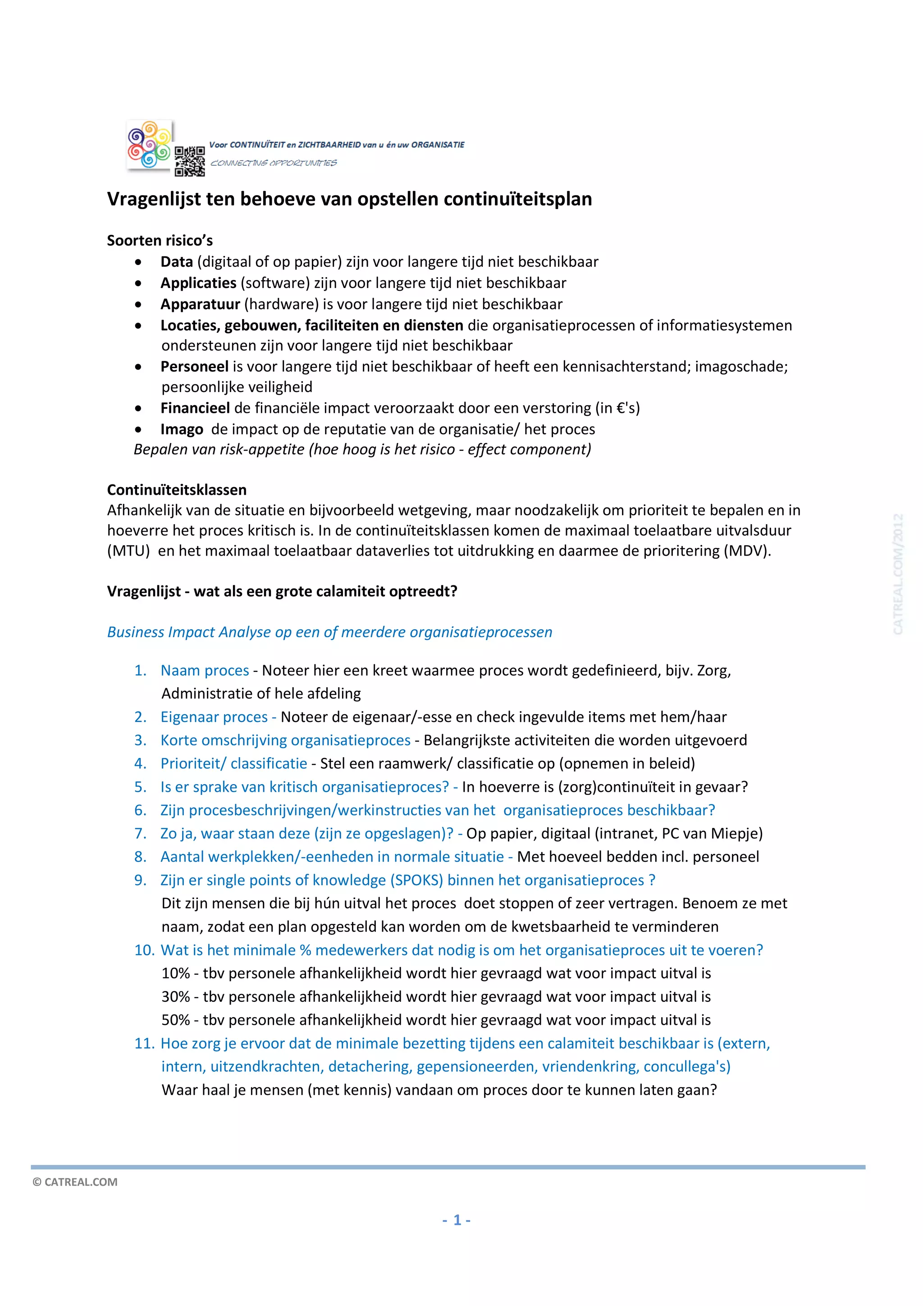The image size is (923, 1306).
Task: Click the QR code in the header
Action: click(x=189, y=161)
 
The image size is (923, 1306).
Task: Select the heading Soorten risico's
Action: click(x=160, y=241)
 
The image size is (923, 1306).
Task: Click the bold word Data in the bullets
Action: click(x=176, y=262)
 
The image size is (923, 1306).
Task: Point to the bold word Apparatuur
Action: click(x=200, y=304)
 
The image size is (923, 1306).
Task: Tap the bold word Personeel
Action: click(x=194, y=366)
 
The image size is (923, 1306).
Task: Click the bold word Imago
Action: click(x=182, y=429)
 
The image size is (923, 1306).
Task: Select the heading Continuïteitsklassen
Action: click(x=176, y=490)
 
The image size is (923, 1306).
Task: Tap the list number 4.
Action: click(x=140, y=763)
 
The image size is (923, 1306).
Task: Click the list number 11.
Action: click(x=144, y=1043)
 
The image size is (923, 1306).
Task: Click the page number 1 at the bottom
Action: click(x=457, y=1219)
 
